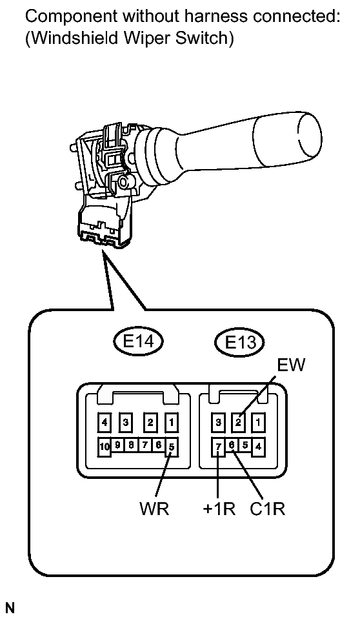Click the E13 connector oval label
tap(239, 342)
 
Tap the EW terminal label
tap(292, 365)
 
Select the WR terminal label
tap(154, 509)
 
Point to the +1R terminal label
tap(219, 509)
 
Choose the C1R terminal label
tap(267, 509)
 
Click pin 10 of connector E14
tap(105, 447)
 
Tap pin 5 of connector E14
tap(172, 447)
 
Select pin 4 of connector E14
tap(105, 422)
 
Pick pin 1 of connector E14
tap(172, 422)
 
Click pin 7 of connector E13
tap(218, 447)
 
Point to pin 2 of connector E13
tap(238, 422)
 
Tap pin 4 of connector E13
tap(258, 447)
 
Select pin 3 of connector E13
tap(218, 422)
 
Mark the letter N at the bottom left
tap(10, 608)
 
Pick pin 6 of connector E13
tap(232, 445)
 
